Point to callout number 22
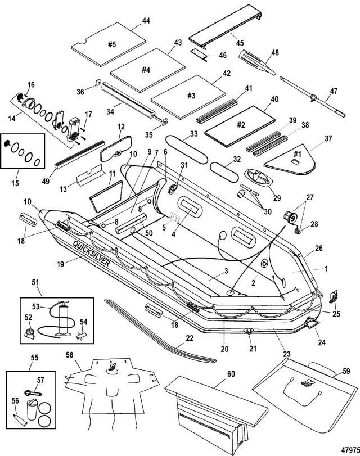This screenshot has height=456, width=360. click(190, 339)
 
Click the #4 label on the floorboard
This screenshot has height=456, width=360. click(145, 70)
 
